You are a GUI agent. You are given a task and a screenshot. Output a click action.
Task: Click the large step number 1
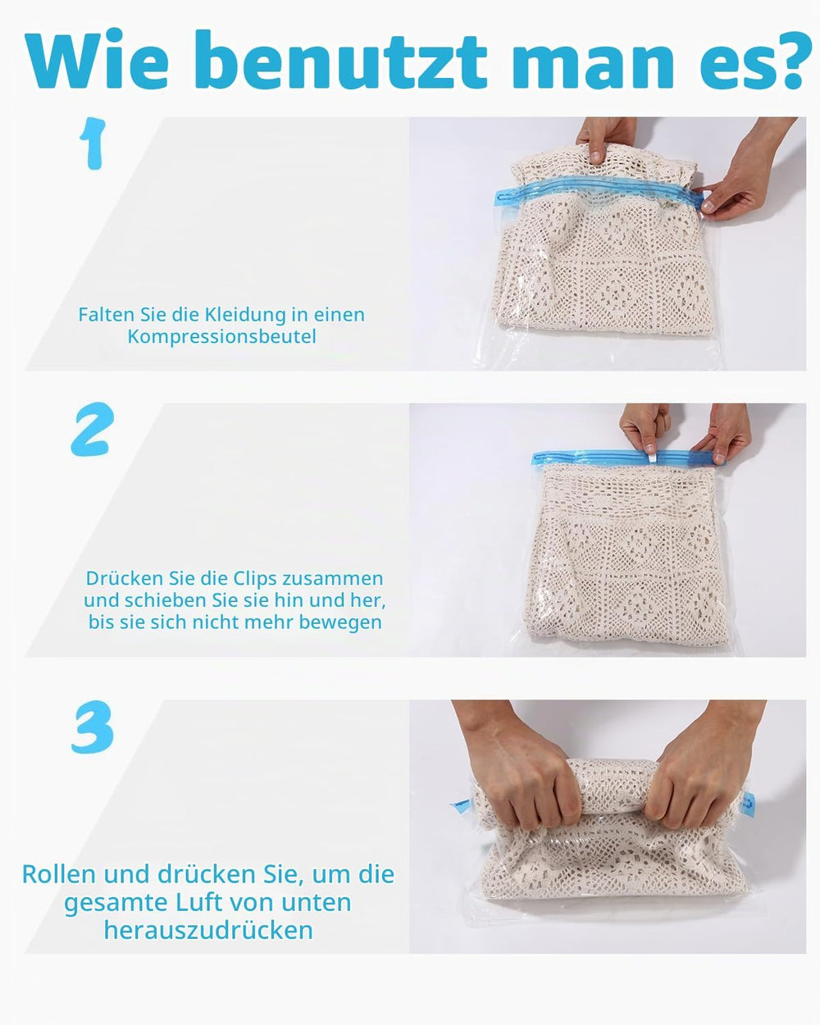(93, 143)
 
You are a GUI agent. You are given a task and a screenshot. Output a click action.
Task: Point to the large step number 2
(93, 429)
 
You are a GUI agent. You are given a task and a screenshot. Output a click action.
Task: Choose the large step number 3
(93, 727)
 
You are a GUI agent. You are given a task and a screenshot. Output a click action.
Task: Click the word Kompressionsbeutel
(221, 337)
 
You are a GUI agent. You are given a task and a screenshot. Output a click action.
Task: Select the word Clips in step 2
(254, 579)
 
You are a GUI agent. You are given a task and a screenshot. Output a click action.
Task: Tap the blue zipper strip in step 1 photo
(599, 193)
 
